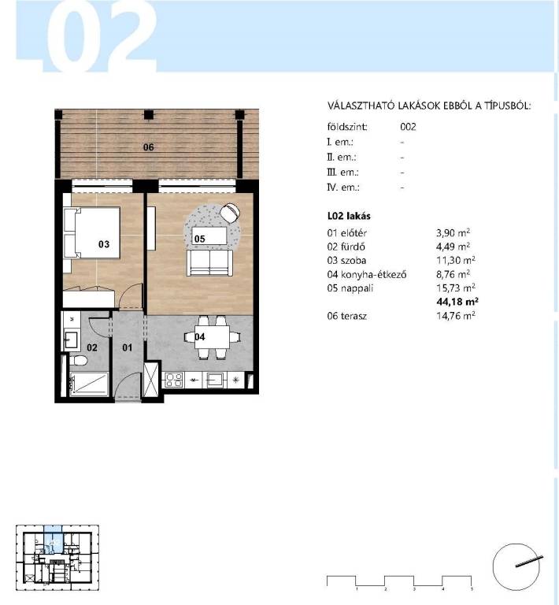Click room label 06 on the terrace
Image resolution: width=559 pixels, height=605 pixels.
tap(149, 147)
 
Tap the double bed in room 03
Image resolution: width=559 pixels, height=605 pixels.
tap(92, 232)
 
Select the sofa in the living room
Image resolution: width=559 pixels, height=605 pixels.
tap(209, 263)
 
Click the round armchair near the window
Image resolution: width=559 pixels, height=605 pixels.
tap(230, 213)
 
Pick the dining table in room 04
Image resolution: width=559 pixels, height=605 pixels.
tap(211, 337)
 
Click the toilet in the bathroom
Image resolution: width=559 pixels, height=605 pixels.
tap(78, 361)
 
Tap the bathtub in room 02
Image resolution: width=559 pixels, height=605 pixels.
tap(89, 384)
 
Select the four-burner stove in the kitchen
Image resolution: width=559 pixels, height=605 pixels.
tap(173, 380)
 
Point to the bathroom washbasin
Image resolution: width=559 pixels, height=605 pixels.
tap(71, 340)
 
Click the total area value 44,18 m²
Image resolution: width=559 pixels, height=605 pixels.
tap(457, 301)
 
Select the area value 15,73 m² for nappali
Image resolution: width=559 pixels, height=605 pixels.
tap(456, 288)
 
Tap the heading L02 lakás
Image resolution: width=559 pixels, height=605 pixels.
tap(349, 216)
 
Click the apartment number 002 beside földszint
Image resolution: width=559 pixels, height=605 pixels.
tap(408, 127)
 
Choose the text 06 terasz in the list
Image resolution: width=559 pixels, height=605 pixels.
tap(347, 316)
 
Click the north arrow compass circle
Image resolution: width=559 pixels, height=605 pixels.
tap(516, 567)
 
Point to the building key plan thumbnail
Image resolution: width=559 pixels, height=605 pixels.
tap(57, 558)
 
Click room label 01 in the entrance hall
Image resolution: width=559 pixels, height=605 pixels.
tap(128, 347)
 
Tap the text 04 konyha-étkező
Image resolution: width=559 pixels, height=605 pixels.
tap(367, 274)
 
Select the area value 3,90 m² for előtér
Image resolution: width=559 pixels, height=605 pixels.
tap(453, 232)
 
